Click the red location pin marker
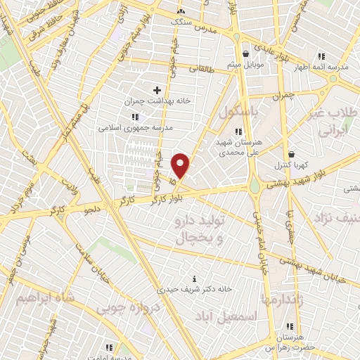pyautogui.click(x=181, y=166)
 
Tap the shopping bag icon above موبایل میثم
pyautogui.click(x=245, y=53)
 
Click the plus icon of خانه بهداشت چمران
pyautogui.click(x=157, y=90)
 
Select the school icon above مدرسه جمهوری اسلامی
pyautogui.click(x=135, y=117)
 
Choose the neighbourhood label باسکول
pyautogui.click(x=238, y=113)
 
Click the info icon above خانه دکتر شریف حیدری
pyautogui.click(x=195, y=278)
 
